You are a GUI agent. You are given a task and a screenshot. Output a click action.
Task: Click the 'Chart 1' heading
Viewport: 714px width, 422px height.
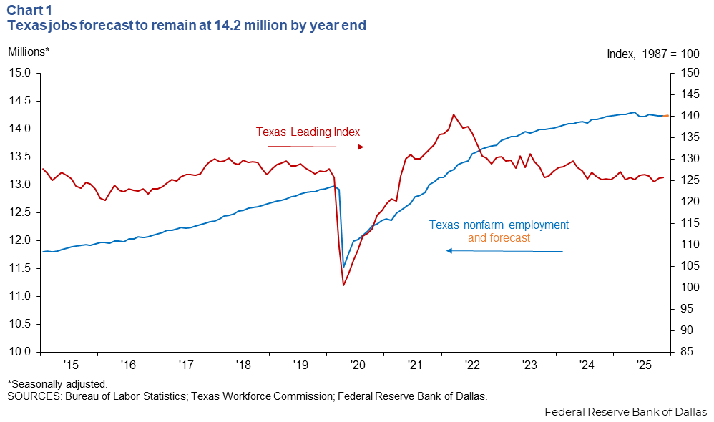[x=29, y=10]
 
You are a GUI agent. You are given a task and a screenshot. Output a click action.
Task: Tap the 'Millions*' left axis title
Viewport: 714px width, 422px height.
[x=29, y=51]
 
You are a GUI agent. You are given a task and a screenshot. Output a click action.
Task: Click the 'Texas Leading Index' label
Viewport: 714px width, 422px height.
[x=308, y=132]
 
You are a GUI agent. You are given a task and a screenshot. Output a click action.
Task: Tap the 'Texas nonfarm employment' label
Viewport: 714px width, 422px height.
[x=499, y=225]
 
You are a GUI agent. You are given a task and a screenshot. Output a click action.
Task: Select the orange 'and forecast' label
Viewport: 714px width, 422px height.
[x=499, y=238]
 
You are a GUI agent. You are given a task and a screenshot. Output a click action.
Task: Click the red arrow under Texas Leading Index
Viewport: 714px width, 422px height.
[x=316, y=147]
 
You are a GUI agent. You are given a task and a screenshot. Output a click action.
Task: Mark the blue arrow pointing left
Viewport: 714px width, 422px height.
[x=504, y=251]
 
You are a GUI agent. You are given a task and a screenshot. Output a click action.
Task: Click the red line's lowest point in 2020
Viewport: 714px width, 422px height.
[x=344, y=285]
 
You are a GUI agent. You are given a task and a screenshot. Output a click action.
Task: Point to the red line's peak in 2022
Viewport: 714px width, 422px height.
[x=453, y=114]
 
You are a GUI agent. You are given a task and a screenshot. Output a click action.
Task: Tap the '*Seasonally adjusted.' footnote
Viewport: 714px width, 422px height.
[x=57, y=384]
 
